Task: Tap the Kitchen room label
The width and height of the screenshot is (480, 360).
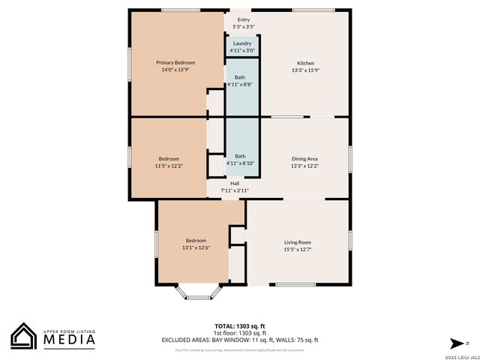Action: pos(305,63)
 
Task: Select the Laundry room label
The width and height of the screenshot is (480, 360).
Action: pos(242,43)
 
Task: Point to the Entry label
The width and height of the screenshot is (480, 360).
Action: pos(244,19)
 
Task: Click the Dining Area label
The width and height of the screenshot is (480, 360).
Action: pos(305,159)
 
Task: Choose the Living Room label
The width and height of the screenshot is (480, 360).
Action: pos(298,242)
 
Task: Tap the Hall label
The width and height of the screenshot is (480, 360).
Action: pos(235,183)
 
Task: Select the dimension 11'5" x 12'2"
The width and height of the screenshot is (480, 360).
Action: pos(169,166)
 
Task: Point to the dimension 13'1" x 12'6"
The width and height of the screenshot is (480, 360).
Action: pos(196,248)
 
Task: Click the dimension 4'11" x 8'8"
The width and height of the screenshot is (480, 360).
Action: pos(240,84)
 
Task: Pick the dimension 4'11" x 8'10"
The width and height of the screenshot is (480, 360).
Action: pos(240,163)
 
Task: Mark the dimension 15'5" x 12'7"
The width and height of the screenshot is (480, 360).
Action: pos(298,249)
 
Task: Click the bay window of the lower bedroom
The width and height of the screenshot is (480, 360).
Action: pos(199,293)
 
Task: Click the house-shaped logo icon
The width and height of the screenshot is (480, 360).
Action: pos(23,337)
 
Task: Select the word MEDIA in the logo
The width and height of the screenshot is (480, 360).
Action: pos(68,340)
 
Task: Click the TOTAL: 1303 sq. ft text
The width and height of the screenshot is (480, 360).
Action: pos(240,326)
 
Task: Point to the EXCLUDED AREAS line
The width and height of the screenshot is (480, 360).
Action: pos(240,340)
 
